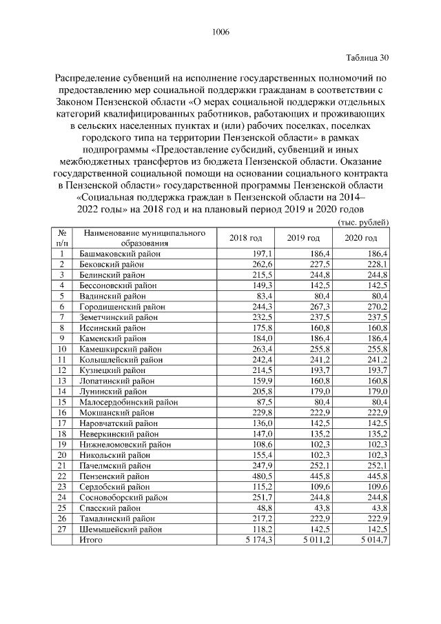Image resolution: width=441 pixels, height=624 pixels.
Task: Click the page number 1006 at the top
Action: [x=220, y=32]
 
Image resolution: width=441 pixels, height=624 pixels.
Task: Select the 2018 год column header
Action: [x=245, y=238]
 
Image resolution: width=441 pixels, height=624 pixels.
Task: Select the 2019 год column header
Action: [x=304, y=238]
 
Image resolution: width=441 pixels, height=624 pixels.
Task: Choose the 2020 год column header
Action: [x=361, y=238]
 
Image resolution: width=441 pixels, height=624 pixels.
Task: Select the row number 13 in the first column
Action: [x=62, y=380]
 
